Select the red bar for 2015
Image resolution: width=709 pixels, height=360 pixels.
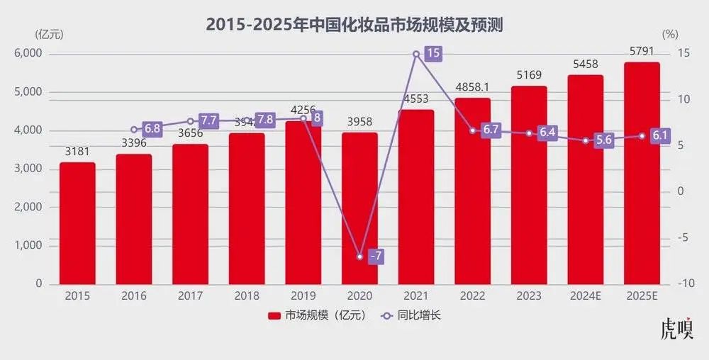click(77, 223)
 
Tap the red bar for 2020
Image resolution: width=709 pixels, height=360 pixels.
click(359, 208)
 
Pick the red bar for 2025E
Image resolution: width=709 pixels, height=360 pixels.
click(642, 174)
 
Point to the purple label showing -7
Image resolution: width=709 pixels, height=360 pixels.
click(376, 256)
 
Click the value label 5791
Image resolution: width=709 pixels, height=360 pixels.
click(641, 52)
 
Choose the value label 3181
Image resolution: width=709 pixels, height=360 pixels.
click(77, 152)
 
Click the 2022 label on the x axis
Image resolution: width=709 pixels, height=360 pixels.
click(472, 296)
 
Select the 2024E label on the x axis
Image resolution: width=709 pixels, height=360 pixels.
click(585, 296)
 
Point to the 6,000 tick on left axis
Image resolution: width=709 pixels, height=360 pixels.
click(28, 54)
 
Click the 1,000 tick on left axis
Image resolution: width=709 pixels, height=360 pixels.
click(28, 245)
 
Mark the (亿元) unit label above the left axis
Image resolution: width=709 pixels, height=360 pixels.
click(47, 33)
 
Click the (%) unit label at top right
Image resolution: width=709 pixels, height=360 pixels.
click(670, 33)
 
